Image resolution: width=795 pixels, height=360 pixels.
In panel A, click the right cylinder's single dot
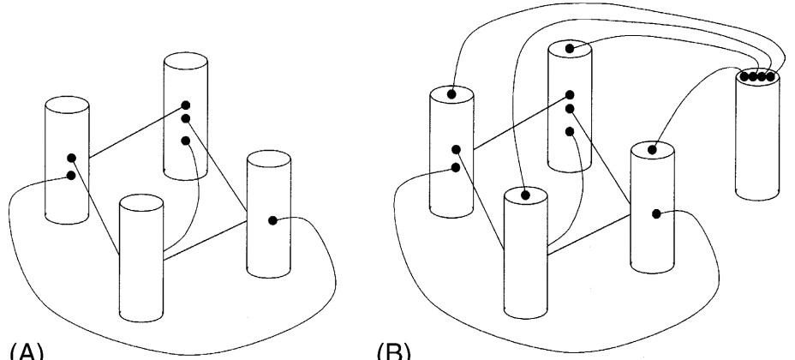tap(272, 220)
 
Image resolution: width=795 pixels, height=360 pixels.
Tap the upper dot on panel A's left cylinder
tap(71, 158)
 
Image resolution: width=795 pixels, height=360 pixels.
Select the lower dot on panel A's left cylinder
tap(69, 177)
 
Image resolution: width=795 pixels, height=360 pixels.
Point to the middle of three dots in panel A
tap(185, 119)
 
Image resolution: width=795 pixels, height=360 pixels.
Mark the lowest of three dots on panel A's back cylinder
tap(185, 140)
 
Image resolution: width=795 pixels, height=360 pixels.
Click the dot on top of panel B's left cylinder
tap(451, 93)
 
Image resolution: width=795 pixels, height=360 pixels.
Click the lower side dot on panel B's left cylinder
tap(455, 168)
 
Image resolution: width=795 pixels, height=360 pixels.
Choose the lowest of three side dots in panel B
tap(570, 131)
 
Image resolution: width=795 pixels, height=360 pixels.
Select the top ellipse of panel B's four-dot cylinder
tap(757, 77)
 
